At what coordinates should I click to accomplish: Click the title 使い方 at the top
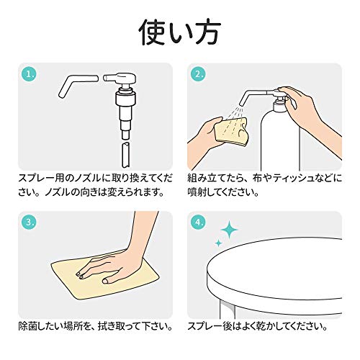coord(179,32)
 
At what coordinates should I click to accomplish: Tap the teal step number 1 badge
coord(30,74)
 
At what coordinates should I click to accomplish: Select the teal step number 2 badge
coord(199,74)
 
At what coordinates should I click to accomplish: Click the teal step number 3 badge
coord(30,222)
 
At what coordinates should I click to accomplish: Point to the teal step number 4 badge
coord(199,222)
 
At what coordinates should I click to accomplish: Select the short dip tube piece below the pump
coord(126,155)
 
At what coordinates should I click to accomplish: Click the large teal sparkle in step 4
coord(229,230)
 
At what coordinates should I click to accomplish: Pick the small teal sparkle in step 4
coord(218,243)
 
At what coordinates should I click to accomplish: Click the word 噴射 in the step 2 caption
coord(197,192)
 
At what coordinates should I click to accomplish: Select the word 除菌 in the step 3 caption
coord(28,326)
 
